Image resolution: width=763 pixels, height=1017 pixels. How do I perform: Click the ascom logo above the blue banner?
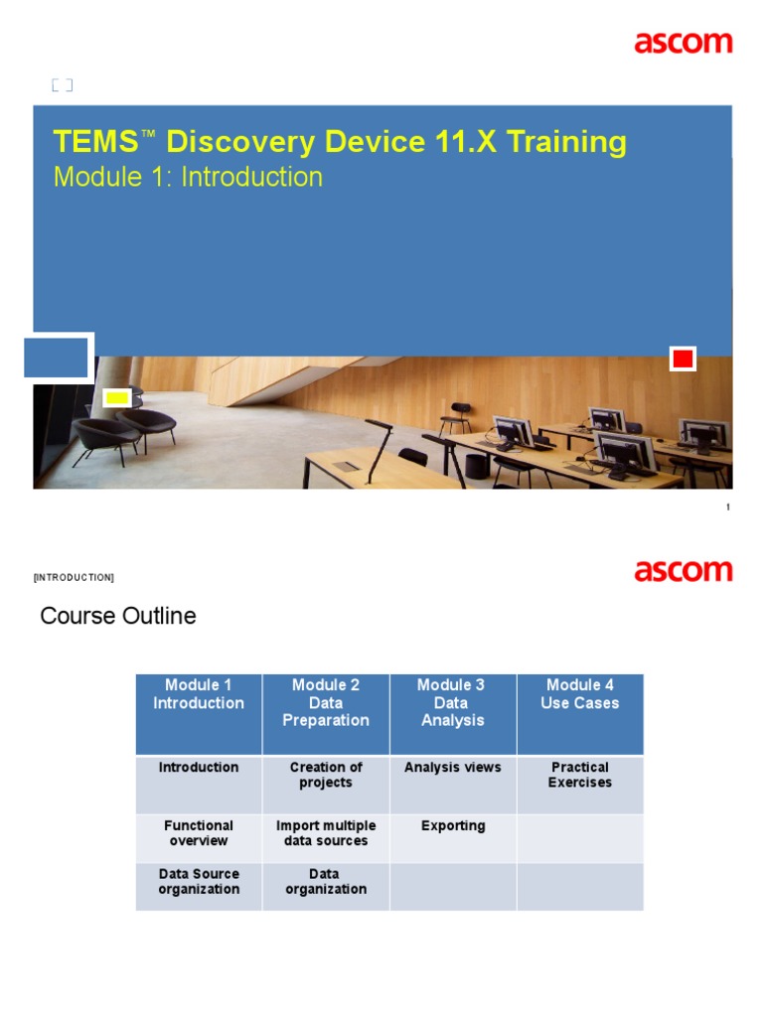(x=684, y=43)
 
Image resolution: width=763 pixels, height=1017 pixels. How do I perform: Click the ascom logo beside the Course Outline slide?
(x=684, y=571)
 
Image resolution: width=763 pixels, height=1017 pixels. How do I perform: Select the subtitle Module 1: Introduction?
(x=188, y=177)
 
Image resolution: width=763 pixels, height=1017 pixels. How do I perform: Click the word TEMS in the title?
(x=94, y=142)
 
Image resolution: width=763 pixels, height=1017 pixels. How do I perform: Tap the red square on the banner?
(x=683, y=359)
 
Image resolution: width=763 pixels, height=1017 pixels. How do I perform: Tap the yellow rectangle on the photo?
(x=117, y=398)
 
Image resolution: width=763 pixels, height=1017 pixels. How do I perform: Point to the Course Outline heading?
(x=117, y=616)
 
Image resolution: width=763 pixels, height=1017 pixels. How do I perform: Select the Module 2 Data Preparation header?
(x=326, y=703)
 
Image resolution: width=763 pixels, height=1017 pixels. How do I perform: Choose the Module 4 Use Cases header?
(x=580, y=694)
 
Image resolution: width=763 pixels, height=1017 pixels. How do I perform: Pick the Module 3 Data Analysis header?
(x=453, y=703)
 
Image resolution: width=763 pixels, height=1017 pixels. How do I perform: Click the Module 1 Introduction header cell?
(x=199, y=694)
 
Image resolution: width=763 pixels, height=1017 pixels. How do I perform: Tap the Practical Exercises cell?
(x=580, y=775)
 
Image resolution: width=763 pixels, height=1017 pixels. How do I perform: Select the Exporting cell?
(x=453, y=825)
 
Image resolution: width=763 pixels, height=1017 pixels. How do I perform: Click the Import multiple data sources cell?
(x=326, y=833)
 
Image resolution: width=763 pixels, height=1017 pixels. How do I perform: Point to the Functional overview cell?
(x=199, y=833)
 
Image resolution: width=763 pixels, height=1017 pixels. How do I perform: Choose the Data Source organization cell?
(x=199, y=882)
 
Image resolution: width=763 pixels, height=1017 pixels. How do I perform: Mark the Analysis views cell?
(x=453, y=768)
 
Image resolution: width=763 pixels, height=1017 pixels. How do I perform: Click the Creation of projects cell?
(x=326, y=775)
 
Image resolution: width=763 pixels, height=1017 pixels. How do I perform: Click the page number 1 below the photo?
(x=728, y=508)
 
